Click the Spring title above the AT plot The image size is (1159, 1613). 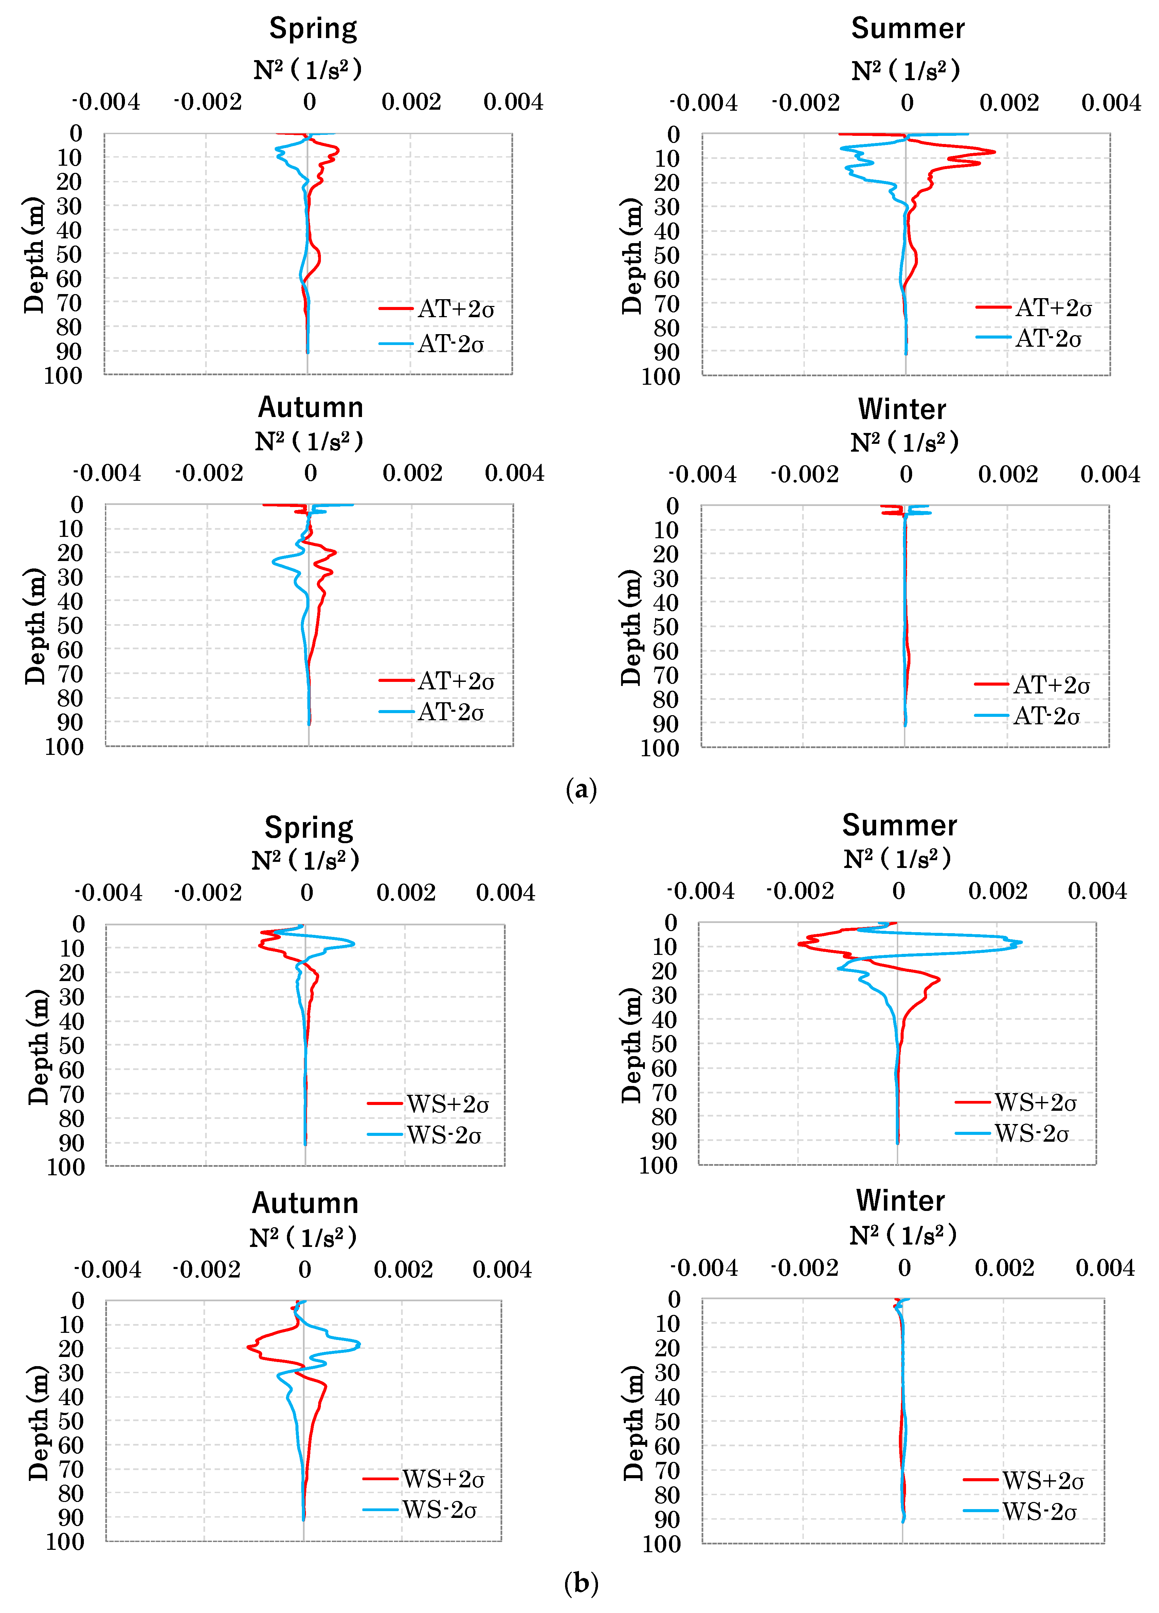313,29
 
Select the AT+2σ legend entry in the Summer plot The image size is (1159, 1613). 1052,308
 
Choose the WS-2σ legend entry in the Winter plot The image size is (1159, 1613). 1038,1511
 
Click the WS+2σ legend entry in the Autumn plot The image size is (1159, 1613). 442,1479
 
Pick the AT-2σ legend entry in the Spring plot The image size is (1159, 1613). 450,344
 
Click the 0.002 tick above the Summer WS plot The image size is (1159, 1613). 998,891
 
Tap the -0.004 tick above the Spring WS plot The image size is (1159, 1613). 109,893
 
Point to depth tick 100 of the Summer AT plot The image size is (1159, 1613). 660,377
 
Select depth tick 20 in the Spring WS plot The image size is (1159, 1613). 71,973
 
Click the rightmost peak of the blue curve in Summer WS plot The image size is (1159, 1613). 1021,943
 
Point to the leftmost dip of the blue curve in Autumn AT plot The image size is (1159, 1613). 273,562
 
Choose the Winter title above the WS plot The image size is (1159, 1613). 900,1200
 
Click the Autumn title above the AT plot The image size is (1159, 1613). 311,407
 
